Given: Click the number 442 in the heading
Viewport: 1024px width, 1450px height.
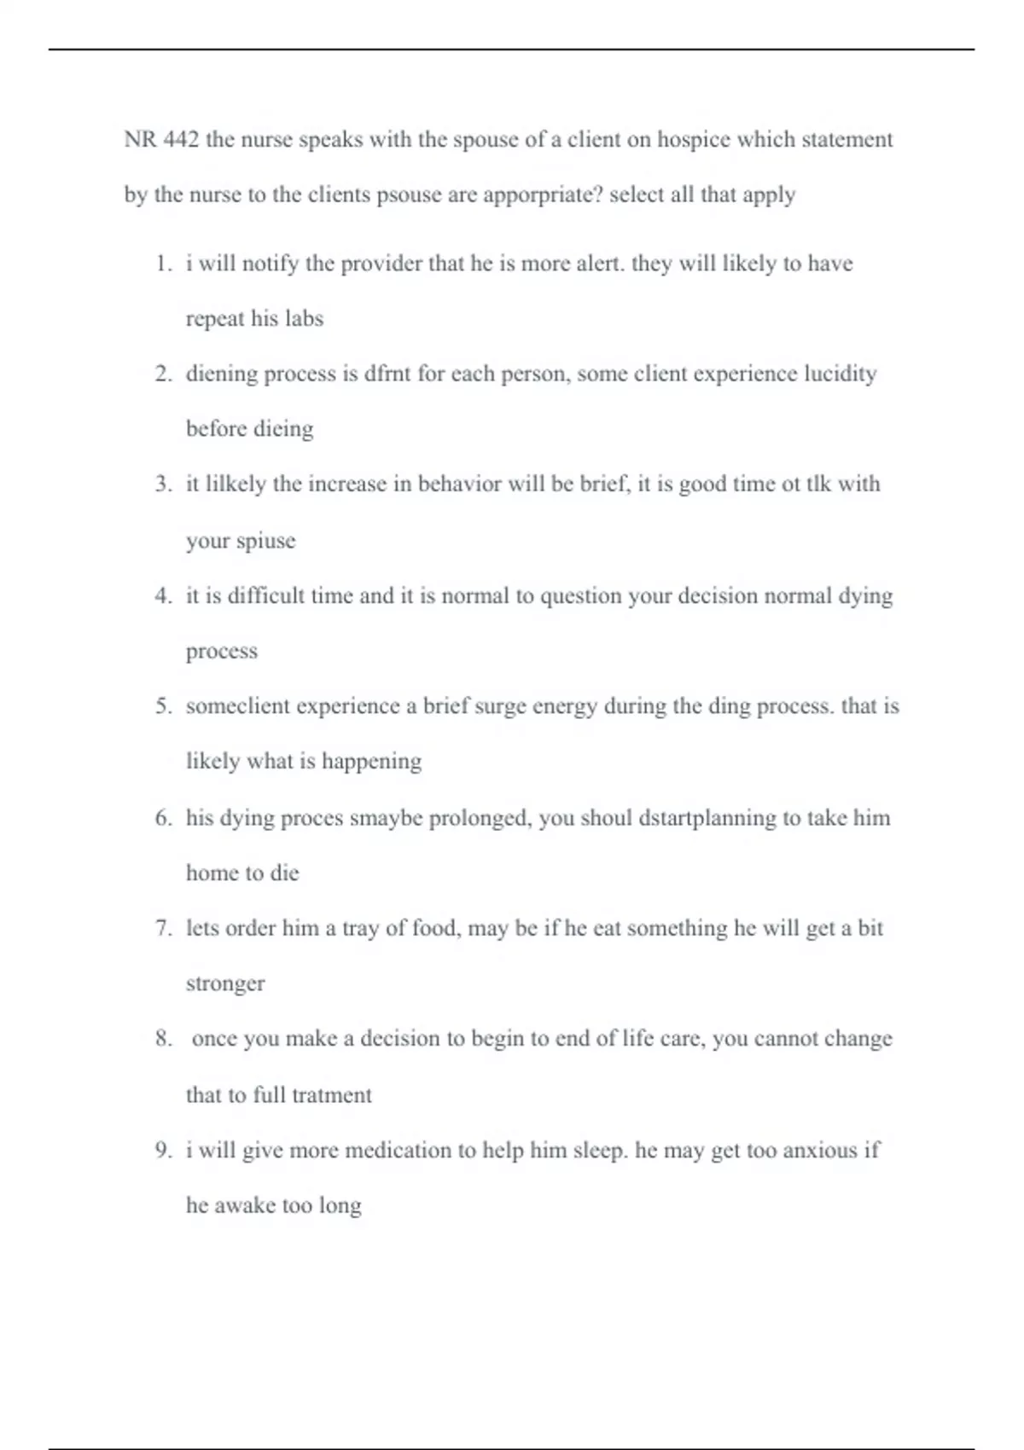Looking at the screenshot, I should (181, 139).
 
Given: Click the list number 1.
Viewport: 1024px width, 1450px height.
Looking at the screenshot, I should (164, 264).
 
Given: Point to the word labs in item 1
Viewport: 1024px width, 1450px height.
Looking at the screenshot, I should (304, 319).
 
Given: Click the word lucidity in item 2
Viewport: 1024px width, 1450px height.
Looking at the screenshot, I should (840, 374).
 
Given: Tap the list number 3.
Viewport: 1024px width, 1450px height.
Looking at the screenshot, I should (164, 484).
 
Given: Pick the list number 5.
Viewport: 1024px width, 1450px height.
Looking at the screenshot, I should (164, 706).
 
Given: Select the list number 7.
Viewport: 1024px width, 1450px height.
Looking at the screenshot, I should (164, 928).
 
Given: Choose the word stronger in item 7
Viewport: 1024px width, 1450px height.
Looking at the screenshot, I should (225, 984).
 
